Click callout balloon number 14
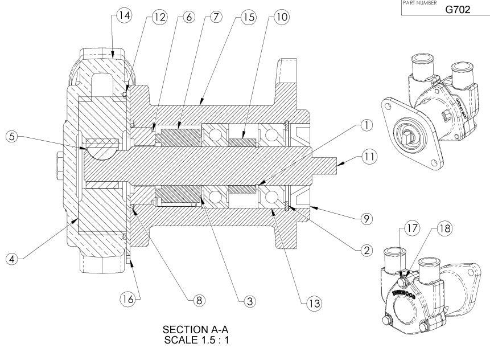122,17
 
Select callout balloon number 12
159,17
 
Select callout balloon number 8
197,299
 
